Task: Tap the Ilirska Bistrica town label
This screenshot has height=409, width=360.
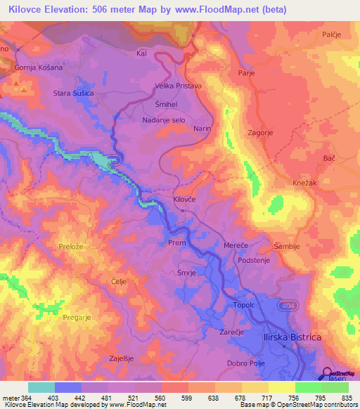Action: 292,338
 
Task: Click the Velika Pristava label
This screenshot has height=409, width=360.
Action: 178,86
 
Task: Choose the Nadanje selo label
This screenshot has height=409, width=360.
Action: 164,120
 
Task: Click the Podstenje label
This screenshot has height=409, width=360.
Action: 254,259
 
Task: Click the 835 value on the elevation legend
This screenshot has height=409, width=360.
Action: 345,397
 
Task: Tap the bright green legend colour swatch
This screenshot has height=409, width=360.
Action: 308,387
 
